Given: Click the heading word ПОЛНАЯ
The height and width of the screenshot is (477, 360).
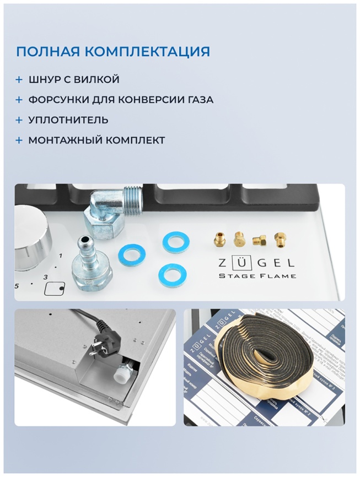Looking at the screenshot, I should click(x=47, y=52).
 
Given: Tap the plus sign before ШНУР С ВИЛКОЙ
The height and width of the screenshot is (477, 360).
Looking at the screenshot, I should click(x=19, y=80).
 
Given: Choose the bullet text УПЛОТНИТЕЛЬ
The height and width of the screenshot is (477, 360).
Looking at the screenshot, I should click(x=68, y=120).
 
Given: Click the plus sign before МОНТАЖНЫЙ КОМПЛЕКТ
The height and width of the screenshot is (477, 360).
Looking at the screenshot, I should click(x=19, y=140).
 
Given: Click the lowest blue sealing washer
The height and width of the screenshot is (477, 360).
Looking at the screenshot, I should click(x=172, y=274).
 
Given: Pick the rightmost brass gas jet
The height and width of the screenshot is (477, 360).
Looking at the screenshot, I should click(x=280, y=237).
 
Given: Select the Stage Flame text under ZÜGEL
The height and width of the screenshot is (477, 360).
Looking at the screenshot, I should click(x=257, y=275).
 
